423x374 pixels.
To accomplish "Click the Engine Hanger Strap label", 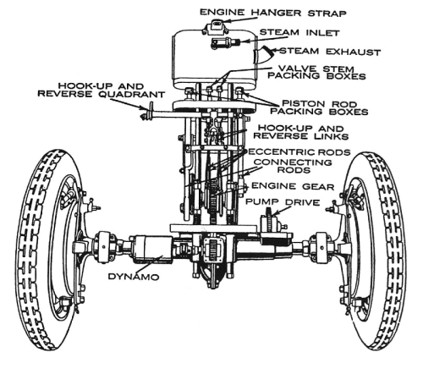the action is tap(273, 13).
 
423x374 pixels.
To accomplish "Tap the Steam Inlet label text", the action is tap(299, 32).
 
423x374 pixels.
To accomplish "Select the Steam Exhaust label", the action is tap(330, 52).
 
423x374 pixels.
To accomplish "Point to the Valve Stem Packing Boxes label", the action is tap(316, 73).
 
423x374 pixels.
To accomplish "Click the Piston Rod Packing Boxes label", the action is tap(319, 107).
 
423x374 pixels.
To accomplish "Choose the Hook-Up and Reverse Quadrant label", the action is tap(102, 90).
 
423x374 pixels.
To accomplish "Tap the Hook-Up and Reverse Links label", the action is tap(301, 132).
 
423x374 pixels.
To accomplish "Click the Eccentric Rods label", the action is tap(299, 152).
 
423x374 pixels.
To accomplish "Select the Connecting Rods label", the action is tap(293, 166).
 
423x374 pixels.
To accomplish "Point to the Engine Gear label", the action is tap(293, 186).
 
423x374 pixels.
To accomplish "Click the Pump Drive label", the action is tap(283, 202).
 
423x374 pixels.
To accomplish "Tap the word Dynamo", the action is tap(134, 277).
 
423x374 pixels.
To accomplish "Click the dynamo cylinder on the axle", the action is tap(152, 250).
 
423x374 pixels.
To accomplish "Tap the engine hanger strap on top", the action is tap(217, 26).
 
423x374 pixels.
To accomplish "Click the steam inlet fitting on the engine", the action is tap(225, 43).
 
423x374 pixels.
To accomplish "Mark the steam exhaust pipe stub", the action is tap(265, 54).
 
